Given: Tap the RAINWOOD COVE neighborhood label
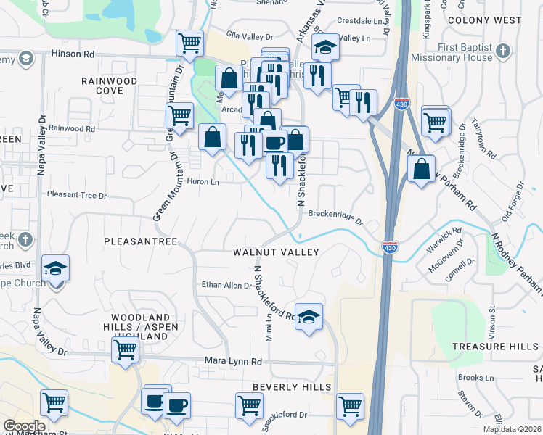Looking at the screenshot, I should point(109,86).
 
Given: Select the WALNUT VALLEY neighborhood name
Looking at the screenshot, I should point(276,252).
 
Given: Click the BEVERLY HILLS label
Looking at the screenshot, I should point(292,388).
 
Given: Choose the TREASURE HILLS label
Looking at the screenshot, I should point(495,347).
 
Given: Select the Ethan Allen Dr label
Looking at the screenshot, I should point(226,286).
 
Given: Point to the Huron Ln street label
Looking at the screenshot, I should point(203,182).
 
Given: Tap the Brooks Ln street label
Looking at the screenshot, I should point(475,378).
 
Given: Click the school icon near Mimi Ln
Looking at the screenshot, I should point(309,316).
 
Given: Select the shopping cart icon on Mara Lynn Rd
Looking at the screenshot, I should point(126,350).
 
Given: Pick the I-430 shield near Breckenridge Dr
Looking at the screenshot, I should point(391,247).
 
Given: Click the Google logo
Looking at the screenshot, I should point(24,427).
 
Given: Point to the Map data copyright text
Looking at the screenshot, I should point(511,429).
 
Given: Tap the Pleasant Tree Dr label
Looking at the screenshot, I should point(76,195).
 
